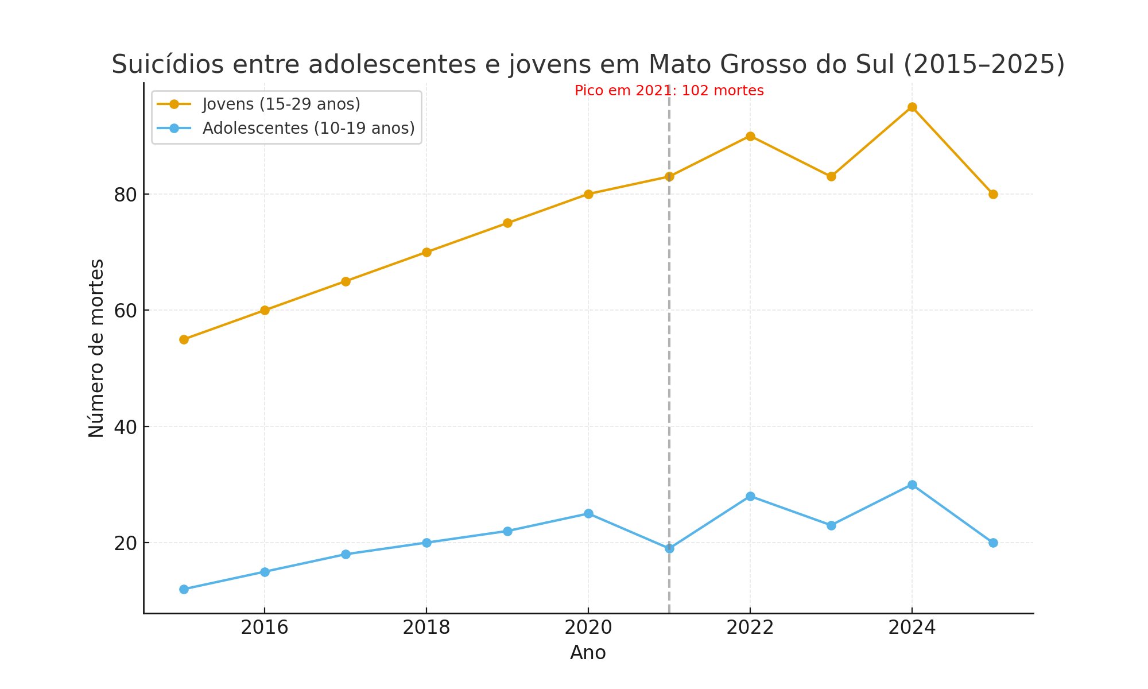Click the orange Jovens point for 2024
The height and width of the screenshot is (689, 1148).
click(912, 107)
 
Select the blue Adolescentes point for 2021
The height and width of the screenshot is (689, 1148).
click(669, 548)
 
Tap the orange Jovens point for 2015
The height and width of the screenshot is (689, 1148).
click(184, 339)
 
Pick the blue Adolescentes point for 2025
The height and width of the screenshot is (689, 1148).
click(993, 543)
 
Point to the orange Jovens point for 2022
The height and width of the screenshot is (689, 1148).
click(750, 136)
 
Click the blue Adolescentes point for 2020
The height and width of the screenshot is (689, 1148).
click(588, 513)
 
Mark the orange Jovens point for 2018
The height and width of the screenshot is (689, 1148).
click(426, 252)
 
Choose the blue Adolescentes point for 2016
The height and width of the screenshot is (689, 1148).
click(265, 572)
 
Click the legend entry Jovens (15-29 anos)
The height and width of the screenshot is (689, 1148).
click(281, 104)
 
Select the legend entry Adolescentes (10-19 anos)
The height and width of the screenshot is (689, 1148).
click(308, 128)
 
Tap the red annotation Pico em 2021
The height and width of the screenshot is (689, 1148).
click(669, 91)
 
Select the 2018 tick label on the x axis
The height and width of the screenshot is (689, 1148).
click(426, 628)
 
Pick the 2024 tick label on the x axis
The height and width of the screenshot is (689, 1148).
click(912, 628)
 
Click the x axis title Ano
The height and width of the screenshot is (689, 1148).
click(588, 653)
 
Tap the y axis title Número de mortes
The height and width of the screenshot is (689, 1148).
click(96, 348)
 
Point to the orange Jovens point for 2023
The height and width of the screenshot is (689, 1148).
click(831, 176)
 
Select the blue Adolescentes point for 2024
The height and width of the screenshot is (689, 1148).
click(912, 485)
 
